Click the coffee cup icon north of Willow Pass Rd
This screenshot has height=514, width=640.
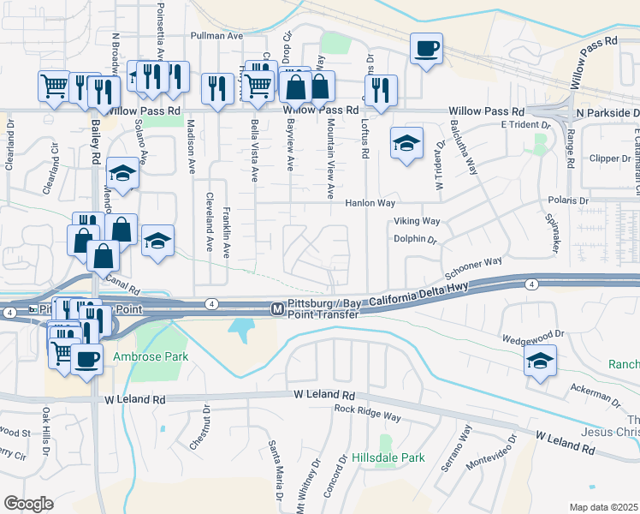click(x=425, y=48)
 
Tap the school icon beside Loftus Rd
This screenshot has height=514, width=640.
click(x=406, y=142)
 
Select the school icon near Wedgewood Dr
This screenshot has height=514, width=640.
click(x=540, y=360)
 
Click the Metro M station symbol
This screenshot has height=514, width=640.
click(x=276, y=308)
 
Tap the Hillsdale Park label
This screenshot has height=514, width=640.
click(x=388, y=457)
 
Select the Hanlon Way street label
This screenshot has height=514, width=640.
click(x=370, y=204)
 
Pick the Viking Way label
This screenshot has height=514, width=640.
click(x=417, y=221)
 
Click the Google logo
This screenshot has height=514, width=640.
click(x=28, y=504)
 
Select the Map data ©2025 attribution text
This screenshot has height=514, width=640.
click(x=603, y=507)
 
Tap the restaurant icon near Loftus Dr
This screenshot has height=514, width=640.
click(x=380, y=90)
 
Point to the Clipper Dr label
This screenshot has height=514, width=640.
click(x=610, y=158)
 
